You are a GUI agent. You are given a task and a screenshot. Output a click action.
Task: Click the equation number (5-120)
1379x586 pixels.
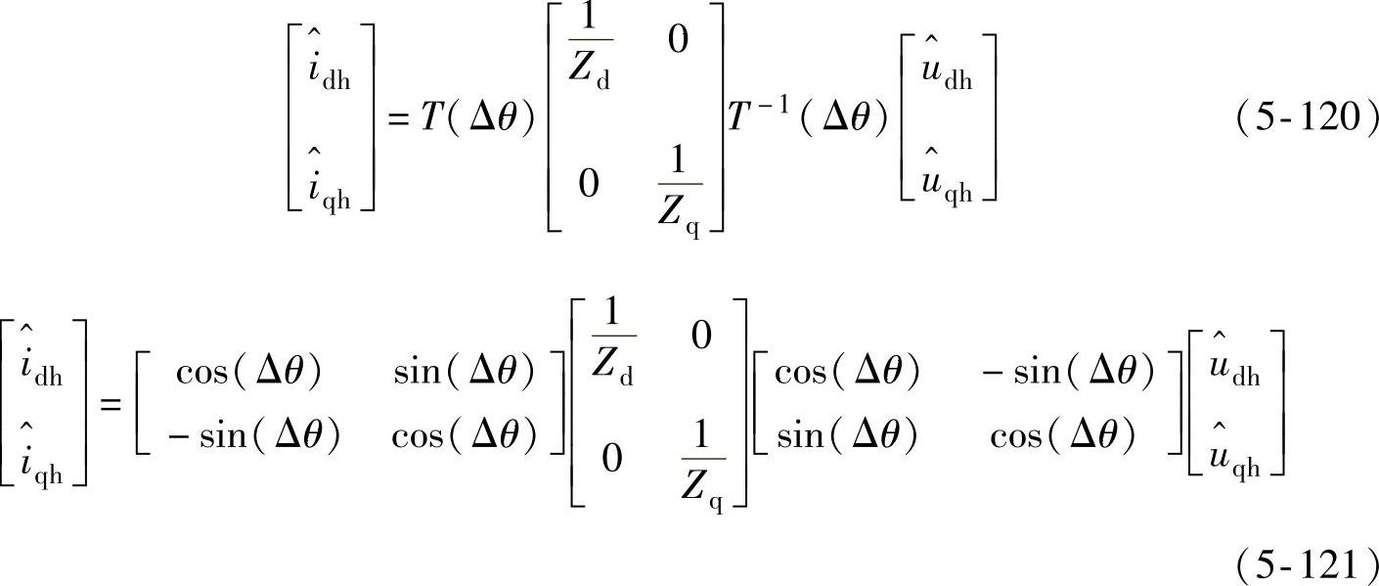[x=1307, y=118]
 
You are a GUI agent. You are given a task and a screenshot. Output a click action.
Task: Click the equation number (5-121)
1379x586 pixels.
[x=1307, y=565]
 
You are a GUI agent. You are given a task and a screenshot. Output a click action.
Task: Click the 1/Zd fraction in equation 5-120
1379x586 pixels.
[x=590, y=58]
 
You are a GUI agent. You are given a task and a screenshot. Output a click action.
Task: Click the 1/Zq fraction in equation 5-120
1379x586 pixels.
[x=679, y=201]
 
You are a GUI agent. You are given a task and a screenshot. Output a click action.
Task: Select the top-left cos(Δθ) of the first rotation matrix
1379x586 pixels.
[x=248, y=371]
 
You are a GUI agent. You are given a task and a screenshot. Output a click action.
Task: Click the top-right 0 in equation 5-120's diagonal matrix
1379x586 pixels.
[x=677, y=40]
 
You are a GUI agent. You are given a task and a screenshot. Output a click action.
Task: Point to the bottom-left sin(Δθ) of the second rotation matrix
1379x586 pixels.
[x=847, y=437]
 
